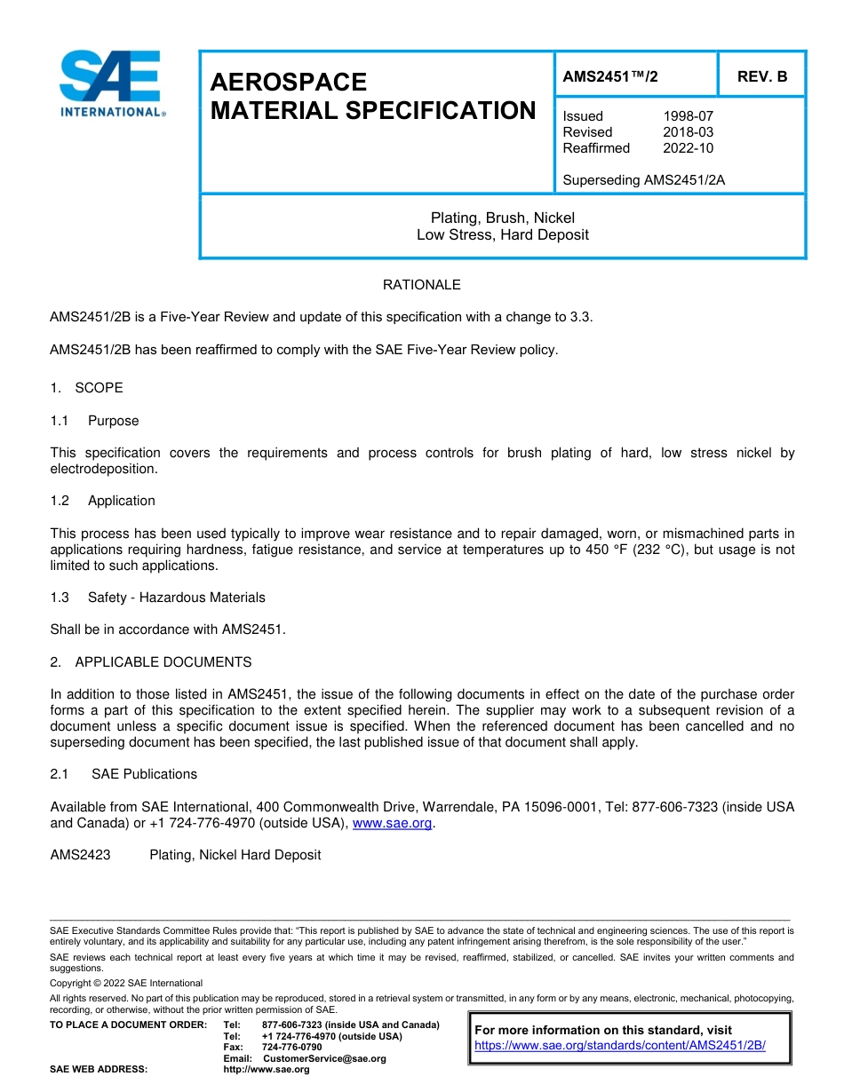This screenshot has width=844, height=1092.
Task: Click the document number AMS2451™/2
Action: [610, 76]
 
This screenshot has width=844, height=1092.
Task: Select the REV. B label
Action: [761, 76]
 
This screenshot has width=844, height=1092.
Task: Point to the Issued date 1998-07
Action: [688, 116]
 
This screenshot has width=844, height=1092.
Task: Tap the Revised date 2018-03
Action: [688, 132]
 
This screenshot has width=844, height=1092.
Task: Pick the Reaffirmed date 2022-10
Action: [688, 148]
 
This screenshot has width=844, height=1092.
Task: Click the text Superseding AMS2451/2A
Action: [644, 180]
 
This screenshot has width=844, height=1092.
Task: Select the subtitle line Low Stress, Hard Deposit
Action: [502, 235]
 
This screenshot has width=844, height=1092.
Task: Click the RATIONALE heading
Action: [421, 285]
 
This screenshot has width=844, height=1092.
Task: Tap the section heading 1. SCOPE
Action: [86, 388]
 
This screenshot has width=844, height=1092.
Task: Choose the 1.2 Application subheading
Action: [103, 501]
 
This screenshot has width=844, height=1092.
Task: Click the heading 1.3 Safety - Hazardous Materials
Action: [157, 597]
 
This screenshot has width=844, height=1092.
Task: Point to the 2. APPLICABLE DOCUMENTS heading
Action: [150, 662]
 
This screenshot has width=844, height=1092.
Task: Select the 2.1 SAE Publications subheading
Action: [123, 774]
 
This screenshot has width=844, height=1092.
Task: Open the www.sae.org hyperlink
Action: [392, 824]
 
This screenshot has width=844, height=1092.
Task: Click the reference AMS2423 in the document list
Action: [80, 855]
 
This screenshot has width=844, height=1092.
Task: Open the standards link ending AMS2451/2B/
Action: [619, 1046]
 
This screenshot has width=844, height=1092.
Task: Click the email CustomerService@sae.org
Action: [324, 1058]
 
